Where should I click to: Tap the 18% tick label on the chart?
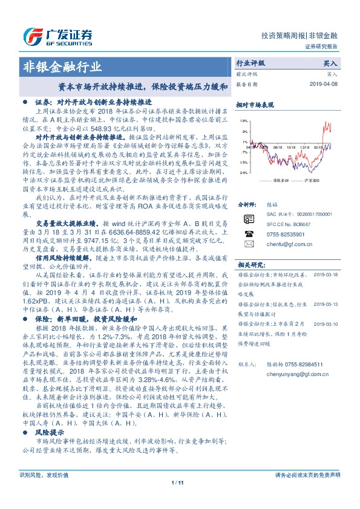243,120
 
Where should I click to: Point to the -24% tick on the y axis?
243,172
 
